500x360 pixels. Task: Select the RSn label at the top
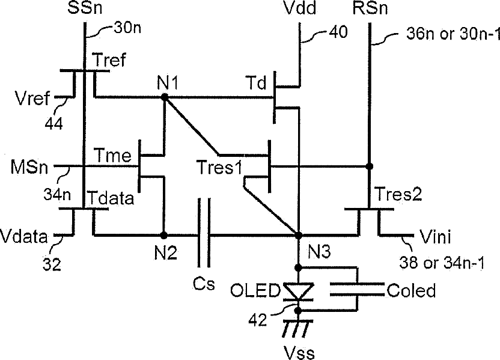[368, 10]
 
